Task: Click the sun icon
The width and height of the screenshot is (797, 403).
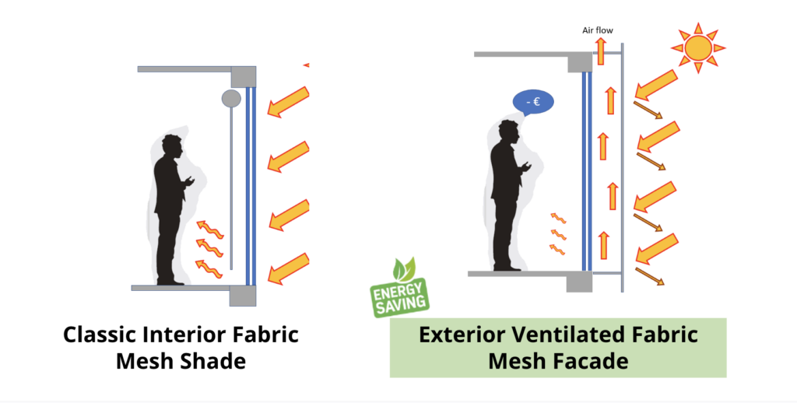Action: [x=698, y=47]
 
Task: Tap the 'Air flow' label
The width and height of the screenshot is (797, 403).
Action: [x=598, y=30]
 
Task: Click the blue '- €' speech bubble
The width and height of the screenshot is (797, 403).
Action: [x=532, y=103]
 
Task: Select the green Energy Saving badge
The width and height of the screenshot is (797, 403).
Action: [x=399, y=288]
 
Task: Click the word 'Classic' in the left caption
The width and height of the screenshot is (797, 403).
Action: [x=100, y=335]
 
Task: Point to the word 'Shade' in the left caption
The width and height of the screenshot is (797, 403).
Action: [x=215, y=361]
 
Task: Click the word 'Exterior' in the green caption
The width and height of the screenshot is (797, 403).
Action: [x=462, y=335]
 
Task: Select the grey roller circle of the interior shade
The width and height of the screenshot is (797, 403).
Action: [x=231, y=99]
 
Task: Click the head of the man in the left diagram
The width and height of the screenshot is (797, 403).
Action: [x=171, y=146]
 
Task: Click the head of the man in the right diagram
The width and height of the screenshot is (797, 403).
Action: [x=508, y=132]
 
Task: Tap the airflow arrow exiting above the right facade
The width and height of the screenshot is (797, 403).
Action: [x=601, y=51]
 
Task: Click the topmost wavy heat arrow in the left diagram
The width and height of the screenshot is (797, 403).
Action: [x=210, y=230]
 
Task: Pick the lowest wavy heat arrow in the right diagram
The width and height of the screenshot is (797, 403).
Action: [x=557, y=249]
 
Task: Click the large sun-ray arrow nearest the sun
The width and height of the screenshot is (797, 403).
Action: [x=656, y=85]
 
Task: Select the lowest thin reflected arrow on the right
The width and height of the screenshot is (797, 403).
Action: [x=650, y=276]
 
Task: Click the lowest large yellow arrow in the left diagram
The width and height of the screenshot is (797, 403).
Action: [x=289, y=269]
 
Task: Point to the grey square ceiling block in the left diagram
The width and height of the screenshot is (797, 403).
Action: [x=244, y=77]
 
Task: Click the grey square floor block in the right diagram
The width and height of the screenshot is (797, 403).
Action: [x=579, y=282]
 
